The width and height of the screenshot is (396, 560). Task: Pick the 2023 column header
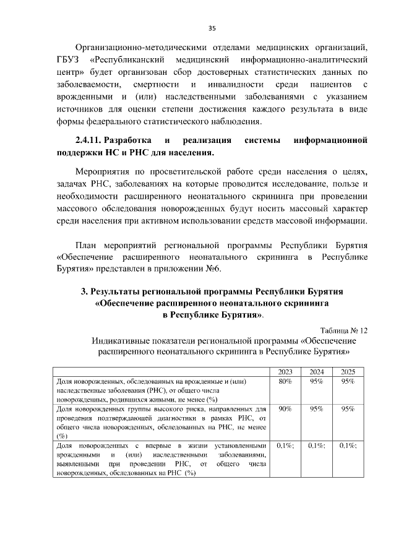click(x=285, y=372)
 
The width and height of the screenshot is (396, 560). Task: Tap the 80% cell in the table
click(x=285, y=382)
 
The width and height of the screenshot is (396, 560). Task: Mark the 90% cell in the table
click(x=285, y=409)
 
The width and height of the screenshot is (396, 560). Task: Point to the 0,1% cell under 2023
click(x=285, y=445)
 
